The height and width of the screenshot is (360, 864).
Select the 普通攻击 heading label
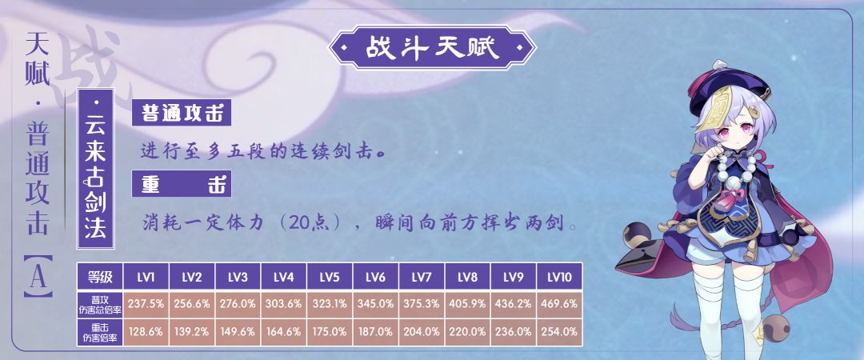click(x=182, y=113)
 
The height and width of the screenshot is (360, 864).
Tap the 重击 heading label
click(x=182, y=183)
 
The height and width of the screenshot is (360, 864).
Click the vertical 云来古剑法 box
click(x=95, y=168)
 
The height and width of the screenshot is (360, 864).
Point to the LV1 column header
click(x=146, y=277)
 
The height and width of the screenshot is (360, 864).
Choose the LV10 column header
click(x=559, y=277)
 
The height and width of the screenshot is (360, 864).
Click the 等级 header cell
click(x=100, y=277)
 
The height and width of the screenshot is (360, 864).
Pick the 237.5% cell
click(x=146, y=304)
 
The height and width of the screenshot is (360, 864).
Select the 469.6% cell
click(x=559, y=304)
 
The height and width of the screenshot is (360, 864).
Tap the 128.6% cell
click(x=146, y=332)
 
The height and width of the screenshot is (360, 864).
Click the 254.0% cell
click(x=559, y=332)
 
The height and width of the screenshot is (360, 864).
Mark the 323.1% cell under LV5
click(x=330, y=304)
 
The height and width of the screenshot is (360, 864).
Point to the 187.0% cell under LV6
click(x=376, y=332)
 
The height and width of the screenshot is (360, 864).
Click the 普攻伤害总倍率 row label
click(x=100, y=304)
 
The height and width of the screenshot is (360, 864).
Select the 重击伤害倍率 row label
click(x=100, y=332)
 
